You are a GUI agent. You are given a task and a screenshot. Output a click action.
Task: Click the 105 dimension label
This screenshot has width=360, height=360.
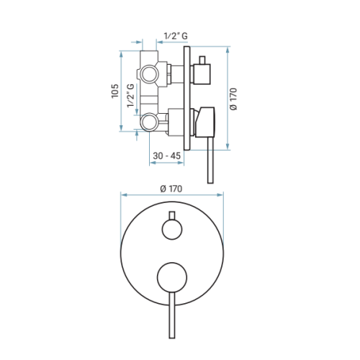115,91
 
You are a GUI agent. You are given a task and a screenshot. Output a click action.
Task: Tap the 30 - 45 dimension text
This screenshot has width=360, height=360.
166,156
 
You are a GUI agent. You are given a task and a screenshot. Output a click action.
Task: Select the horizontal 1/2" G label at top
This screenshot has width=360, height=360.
176,36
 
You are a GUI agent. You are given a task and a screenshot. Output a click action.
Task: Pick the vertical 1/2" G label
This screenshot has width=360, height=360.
131,96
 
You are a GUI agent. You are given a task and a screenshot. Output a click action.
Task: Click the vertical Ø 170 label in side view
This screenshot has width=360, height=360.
233,99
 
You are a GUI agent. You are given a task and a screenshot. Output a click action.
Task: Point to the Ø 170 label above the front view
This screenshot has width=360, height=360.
171,189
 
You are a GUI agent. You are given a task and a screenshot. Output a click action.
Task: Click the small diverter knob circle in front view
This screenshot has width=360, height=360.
172,230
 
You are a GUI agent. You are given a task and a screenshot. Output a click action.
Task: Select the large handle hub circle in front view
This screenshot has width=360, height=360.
172,277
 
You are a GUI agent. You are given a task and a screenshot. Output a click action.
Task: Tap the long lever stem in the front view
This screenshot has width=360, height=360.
172,315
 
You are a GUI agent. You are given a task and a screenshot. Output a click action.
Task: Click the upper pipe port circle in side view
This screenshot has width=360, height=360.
150,74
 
